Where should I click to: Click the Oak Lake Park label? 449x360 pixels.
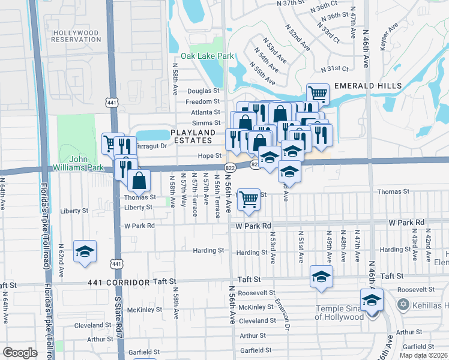211,56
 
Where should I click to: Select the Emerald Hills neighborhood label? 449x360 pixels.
368,86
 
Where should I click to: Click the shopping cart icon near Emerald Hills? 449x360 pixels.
318,93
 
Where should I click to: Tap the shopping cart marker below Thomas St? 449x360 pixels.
249,199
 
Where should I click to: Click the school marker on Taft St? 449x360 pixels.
321,277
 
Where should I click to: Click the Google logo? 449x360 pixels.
19,352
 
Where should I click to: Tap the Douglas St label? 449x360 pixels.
204,91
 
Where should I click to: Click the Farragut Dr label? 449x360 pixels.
151,146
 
